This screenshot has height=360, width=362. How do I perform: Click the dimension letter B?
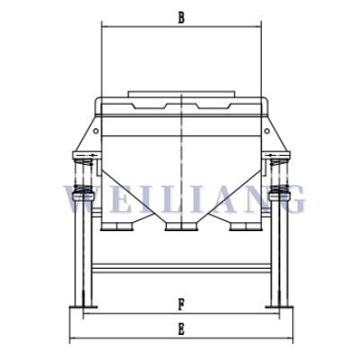(181, 17)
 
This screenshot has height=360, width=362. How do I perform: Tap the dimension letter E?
(181, 329)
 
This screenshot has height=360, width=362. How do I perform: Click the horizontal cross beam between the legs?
(181, 268)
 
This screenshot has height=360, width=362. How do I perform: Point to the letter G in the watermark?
(290, 199)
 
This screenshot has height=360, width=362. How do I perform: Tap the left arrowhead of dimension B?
(105, 26)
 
